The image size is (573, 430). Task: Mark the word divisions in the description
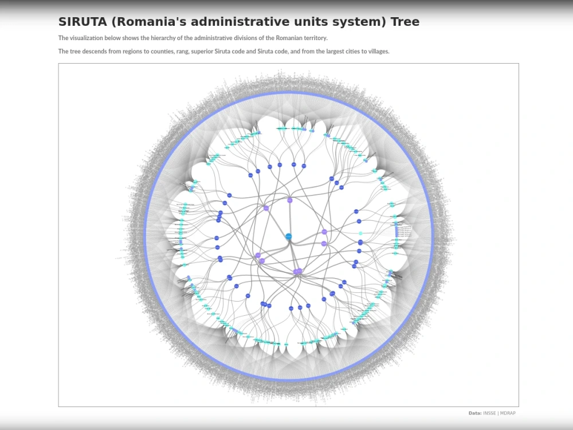click(244, 38)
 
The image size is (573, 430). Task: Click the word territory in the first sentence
click(313, 38)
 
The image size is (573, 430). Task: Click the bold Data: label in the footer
click(474, 413)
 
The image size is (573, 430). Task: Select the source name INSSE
click(489, 413)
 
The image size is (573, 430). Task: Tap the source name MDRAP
click(508, 413)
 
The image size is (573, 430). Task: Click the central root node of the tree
click(289, 236)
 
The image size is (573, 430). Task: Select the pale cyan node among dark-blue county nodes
click(360, 233)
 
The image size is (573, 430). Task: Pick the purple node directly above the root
click(290, 200)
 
